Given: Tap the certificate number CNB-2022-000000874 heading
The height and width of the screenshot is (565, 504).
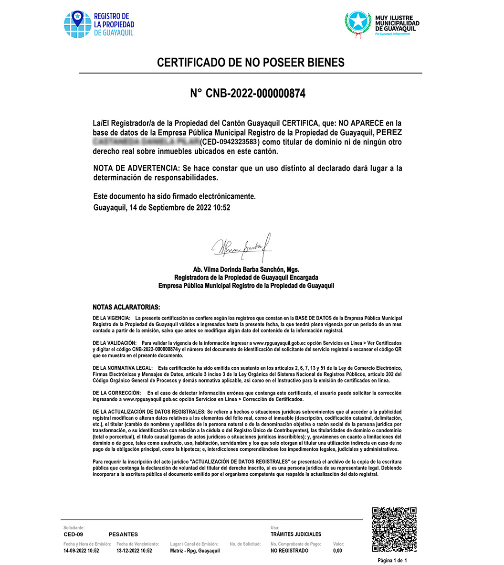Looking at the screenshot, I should pos(248,94).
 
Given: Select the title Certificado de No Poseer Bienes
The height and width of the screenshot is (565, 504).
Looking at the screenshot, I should pos(251,63).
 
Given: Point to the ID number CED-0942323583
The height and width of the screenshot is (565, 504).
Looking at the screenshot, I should pos(229,142).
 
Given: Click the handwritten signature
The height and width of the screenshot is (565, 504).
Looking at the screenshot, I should pos(242,246).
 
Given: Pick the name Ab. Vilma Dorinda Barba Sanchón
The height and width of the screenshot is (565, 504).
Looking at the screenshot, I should pos(246,269).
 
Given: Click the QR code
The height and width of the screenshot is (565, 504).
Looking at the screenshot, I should pos(394,529).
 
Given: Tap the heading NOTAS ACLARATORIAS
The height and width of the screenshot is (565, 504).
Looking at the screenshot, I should pos(126,307).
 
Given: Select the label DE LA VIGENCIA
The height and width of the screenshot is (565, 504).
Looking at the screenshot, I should pos(111,318).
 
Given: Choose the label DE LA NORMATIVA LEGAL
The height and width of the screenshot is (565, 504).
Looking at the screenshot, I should pos(123,368).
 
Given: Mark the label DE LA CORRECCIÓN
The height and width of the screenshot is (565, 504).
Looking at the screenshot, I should pos(117,393).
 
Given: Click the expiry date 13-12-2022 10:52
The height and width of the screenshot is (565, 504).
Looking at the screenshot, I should pos(134,551).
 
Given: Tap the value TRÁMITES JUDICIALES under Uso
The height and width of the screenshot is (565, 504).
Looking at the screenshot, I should pos(296,534).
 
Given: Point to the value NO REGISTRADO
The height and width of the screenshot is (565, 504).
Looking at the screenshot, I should pos(289,551).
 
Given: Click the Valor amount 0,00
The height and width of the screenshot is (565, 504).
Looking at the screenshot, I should pos(337,551).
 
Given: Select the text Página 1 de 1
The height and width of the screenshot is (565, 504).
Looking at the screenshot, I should pos(392,560).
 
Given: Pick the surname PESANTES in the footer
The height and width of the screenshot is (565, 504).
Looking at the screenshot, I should pos(123,534).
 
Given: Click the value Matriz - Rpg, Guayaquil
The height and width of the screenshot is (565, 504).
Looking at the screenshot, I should pos(195,551).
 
